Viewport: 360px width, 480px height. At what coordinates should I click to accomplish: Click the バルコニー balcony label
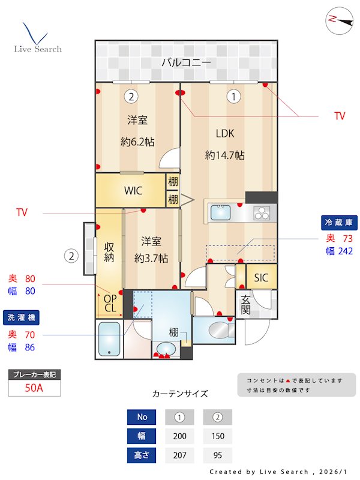(186, 62)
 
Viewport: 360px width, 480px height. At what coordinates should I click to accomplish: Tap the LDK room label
(225, 133)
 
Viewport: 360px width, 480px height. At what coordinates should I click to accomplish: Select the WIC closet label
(133, 191)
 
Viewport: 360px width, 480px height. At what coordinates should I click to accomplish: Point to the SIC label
(261, 278)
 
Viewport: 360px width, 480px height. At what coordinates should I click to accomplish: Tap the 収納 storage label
(109, 252)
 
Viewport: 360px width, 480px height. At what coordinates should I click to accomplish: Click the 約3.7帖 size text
(151, 259)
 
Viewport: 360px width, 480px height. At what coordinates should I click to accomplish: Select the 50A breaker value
(34, 388)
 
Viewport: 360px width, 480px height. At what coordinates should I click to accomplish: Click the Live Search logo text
(38, 49)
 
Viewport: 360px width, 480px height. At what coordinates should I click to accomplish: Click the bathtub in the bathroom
(109, 340)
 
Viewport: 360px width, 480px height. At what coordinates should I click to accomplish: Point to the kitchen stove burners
(262, 212)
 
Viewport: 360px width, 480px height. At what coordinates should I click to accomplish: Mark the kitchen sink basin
(220, 212)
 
